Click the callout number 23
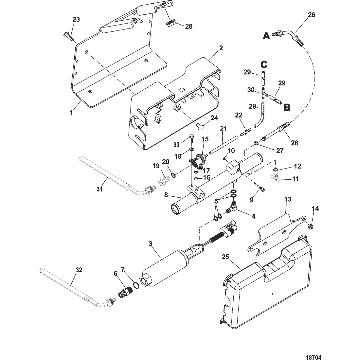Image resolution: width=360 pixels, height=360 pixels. click(x=76, y=20)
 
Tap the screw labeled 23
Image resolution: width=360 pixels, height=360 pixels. click(x=69, y=37)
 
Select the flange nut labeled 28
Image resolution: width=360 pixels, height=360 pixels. click(x=170, y=23)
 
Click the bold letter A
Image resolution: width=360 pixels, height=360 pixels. click(x=266, y=36)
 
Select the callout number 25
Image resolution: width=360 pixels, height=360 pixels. click(x=225, y=257)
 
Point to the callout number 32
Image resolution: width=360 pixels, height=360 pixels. click(x=79, y=270)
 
